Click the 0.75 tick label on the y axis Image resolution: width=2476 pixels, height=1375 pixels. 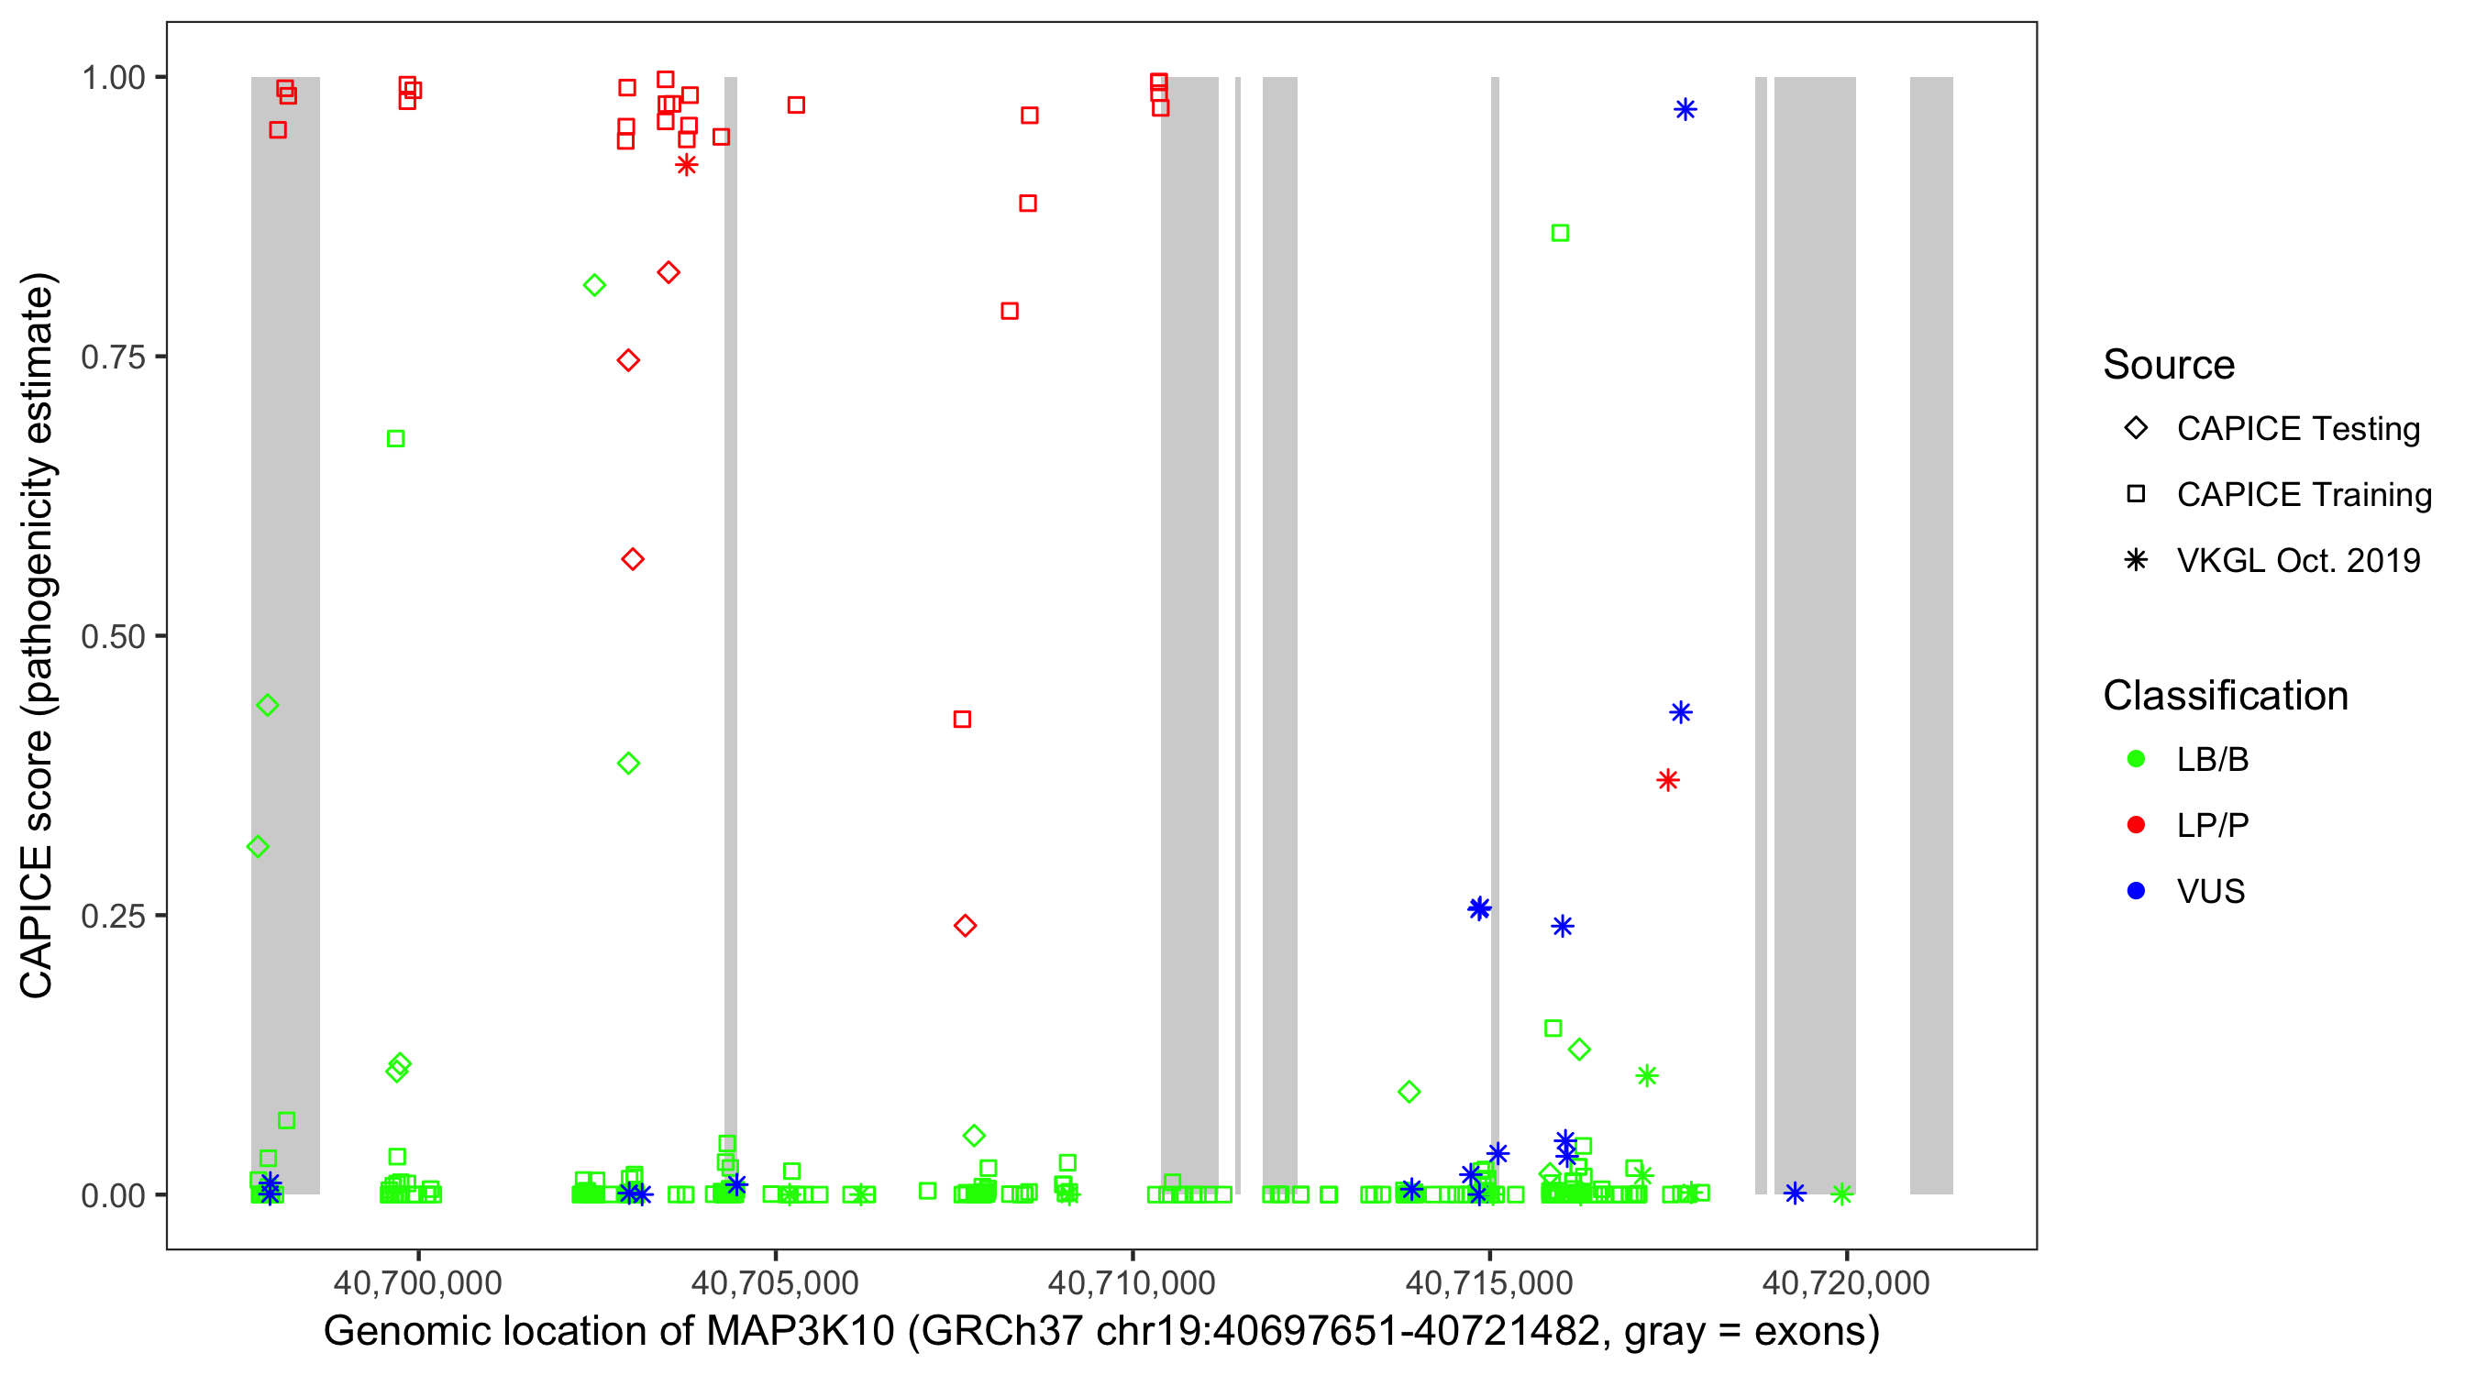tap(112, 357)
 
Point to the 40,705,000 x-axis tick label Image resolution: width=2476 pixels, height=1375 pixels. tap(775, 1282)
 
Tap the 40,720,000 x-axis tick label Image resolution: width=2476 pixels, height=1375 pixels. tap(1845, 1282)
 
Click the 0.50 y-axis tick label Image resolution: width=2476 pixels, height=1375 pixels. tap(112, 636)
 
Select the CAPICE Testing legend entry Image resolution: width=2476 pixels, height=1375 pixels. tap(2297, 429)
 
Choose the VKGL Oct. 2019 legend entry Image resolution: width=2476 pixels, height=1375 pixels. tap(2297, 560)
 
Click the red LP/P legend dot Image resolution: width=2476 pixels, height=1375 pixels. tap(2137, 825)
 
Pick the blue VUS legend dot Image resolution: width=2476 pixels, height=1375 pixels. tap(2137, 891)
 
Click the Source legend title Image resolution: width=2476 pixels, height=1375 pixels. tap(2169, 365)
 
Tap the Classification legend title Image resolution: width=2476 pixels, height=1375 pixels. tap(2225, 696)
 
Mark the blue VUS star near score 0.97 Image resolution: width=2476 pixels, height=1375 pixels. tap(1685, 109)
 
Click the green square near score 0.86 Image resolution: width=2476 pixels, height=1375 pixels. tap(1560, 234)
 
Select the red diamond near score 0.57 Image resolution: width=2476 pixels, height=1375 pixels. tap(633, 559)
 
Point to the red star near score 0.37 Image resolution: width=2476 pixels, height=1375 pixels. tap(1668, 780)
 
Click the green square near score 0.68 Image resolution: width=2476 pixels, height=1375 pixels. tap(395, 439)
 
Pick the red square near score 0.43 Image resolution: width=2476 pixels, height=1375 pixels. tap(962, 720)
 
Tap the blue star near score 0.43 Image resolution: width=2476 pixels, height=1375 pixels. tap(1680, 712)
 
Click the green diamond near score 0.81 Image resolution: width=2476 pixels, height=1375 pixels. tap(594, 285)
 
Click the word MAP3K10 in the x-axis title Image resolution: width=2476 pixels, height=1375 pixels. tap(800, 1332)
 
